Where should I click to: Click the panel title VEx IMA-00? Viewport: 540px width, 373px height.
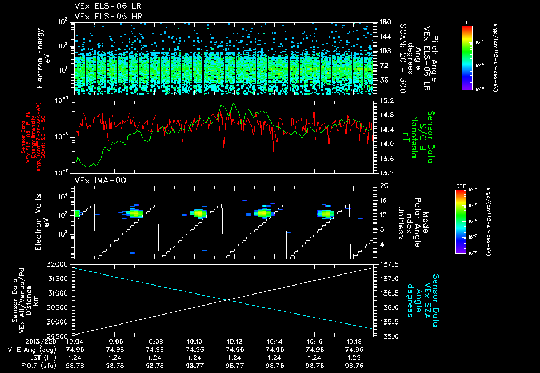point(95,180)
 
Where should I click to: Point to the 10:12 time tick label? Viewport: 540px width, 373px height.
point(235,341)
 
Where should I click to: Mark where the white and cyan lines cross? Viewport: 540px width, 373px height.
point(227,300)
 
